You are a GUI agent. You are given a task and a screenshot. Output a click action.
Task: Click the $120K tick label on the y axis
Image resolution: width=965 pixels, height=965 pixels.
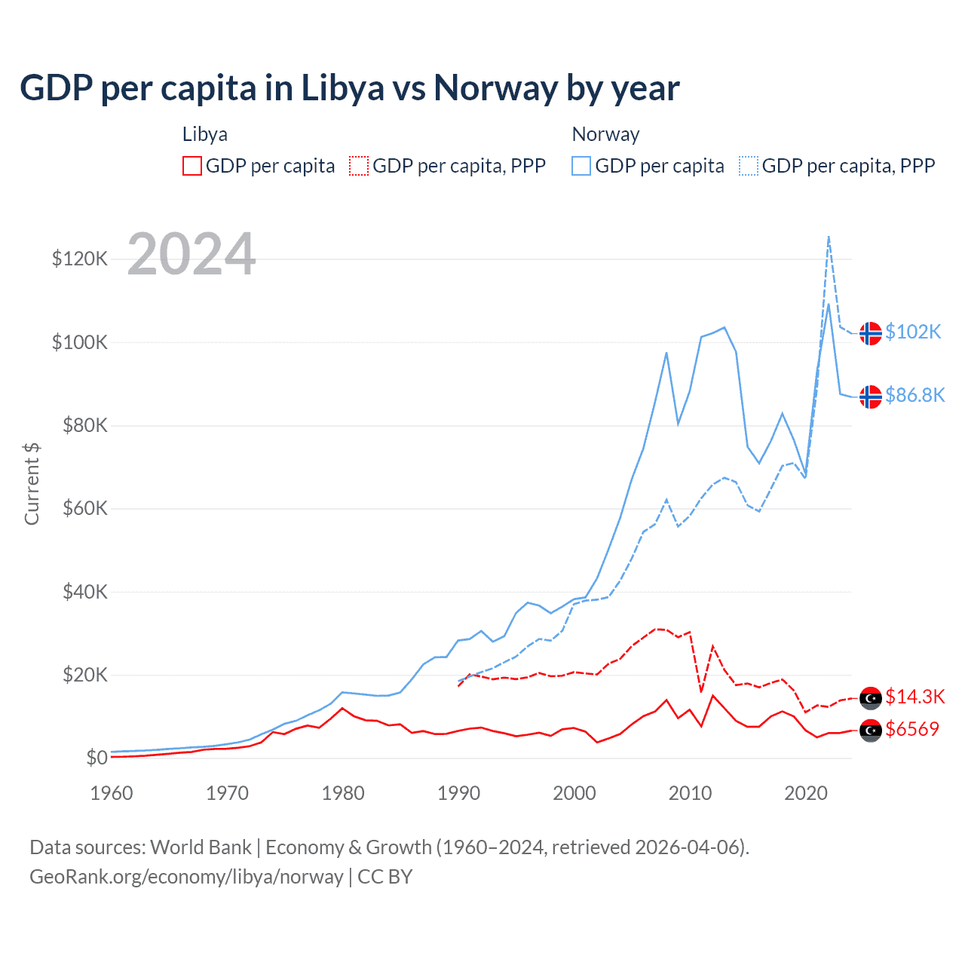[x=79, y=259]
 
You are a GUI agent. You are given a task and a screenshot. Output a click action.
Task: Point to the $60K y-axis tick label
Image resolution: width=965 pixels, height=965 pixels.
[x=84, y=509]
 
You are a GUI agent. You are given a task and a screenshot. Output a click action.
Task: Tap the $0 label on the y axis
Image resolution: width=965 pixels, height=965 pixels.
[x=96, y=758]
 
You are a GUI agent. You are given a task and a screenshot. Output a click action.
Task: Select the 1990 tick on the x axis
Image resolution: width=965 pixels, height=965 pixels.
[x=458, y=793]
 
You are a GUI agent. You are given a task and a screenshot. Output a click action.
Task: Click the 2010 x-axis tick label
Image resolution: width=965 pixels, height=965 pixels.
[x=690, y=793]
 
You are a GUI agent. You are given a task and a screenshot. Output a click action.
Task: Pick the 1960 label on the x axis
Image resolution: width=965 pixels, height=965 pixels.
[x=112, y=793]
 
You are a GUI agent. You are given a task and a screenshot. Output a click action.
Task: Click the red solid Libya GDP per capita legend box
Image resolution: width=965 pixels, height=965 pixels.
[x=192, y=166]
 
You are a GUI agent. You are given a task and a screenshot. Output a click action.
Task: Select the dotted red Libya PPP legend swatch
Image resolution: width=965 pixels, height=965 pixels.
[x=360, y=166]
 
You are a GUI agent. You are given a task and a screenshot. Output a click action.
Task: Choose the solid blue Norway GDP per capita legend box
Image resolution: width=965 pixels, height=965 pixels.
[x=581, y=166]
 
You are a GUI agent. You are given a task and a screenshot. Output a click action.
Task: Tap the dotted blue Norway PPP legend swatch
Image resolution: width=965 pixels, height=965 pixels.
[x=749, y=166]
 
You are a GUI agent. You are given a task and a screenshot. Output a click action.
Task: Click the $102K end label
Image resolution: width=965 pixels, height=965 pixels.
[x=913, y=332]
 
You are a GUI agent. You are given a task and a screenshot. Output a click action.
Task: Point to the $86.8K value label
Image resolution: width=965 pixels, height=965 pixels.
[x=914, y=395]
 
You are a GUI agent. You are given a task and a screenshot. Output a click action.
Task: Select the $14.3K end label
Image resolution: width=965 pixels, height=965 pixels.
[x=914, y=697]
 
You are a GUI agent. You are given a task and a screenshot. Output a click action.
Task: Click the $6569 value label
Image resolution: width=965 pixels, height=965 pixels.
[x=912, y=729]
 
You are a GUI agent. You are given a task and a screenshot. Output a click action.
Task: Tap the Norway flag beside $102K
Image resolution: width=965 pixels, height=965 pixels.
[x=871, y=333]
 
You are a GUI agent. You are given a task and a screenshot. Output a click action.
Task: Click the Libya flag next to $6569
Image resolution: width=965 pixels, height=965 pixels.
[x=871, y=731]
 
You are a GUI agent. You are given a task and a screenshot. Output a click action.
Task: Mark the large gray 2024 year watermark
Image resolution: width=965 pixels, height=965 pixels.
[x=191, y=254]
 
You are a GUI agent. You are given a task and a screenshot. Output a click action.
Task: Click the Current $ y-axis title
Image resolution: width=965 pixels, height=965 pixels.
[x=32, y=484]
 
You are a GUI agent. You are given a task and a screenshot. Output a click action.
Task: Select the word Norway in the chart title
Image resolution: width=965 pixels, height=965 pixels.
[x=495, y=88]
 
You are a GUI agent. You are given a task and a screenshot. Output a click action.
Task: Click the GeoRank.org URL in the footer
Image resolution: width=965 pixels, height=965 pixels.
[x=186, y=877]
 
